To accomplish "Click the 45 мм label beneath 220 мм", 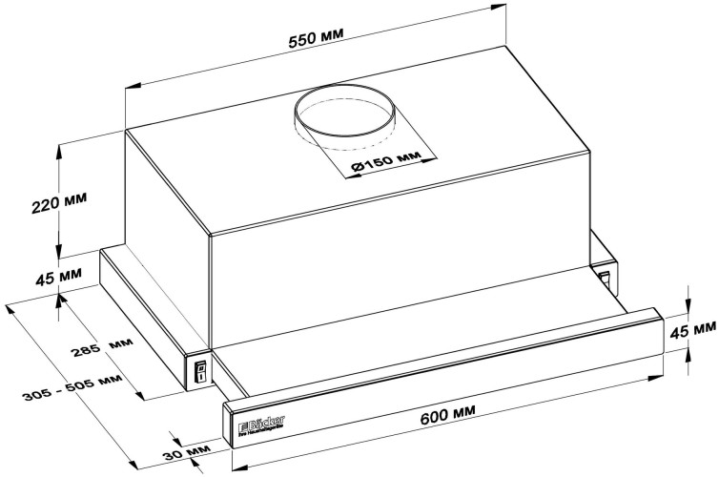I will click(x=57, y=280).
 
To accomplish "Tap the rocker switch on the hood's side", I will click(x=200, y=371).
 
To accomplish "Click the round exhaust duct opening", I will click(x=343, y=115).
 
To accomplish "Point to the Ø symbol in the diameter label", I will click(x=356, y=169).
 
